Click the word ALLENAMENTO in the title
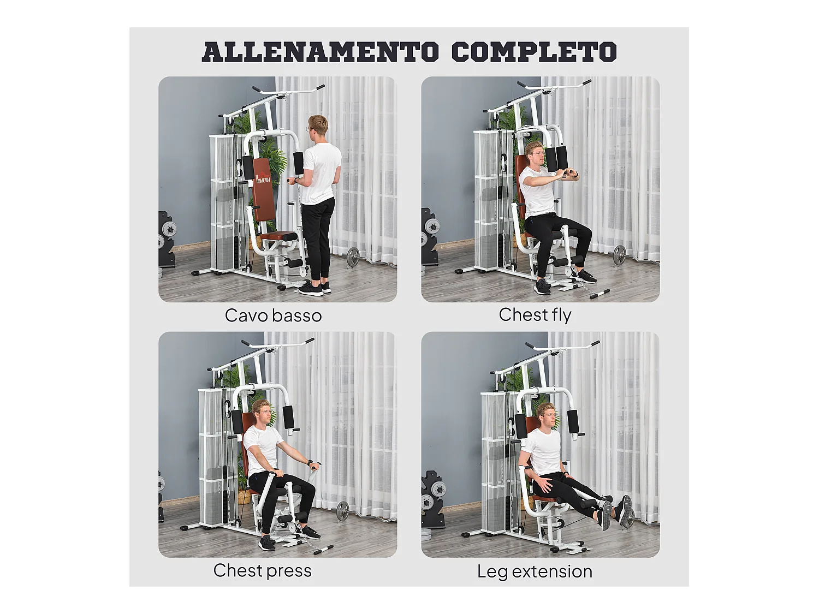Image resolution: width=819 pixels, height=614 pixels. pos(320,52)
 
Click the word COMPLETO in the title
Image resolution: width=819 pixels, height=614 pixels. pos(533,52)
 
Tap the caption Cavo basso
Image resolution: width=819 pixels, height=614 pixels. pos(273,315)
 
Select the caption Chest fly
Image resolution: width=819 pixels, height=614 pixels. pos(535,315)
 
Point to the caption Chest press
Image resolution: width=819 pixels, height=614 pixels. pos(262,570)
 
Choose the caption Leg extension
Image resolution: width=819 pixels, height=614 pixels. pos(535,571)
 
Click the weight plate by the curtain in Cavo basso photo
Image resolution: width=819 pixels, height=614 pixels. pos(353,257)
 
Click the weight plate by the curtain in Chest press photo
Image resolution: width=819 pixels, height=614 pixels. pos(342,511)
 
